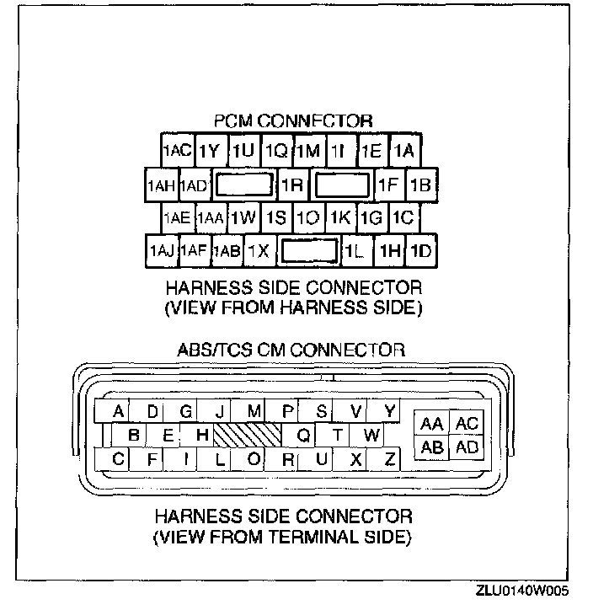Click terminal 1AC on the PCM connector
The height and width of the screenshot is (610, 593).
point(177,151)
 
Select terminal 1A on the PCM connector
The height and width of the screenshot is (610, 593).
point(405,151)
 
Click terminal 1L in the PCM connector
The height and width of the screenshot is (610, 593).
point(353,250)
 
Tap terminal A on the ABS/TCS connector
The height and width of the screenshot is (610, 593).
point(119,411)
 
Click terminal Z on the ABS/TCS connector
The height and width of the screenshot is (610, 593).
point(388,459)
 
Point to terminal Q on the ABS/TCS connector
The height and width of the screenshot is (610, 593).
point(304,435)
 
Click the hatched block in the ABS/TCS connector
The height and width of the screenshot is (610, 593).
point(246,435)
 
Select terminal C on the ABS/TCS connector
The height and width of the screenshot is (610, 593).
point(119,459)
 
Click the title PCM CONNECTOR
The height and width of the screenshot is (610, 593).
point(294,122)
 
